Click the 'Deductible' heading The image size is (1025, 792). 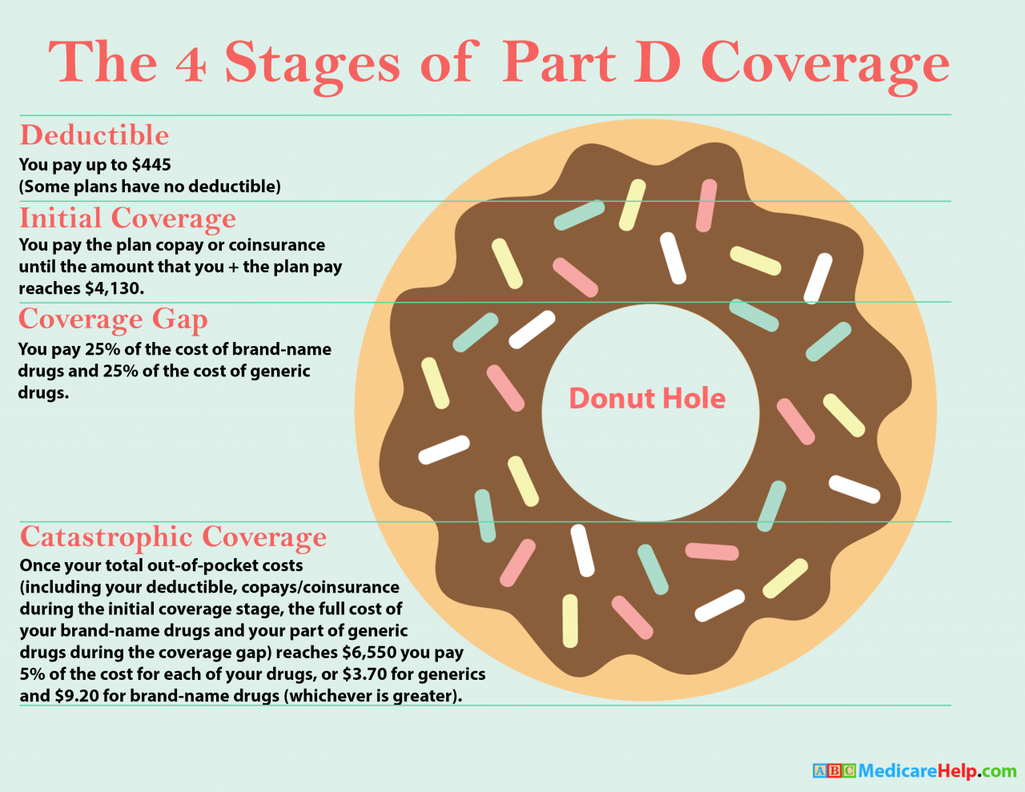pos(94,135)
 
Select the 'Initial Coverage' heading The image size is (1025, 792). pos(127,218)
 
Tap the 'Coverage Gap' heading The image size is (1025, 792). pos(113,319)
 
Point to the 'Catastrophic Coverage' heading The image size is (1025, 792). pos(173,537)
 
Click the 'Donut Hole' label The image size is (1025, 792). pos(647,398)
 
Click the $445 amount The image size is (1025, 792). pos(151,165)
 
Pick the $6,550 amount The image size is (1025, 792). pos(366,653)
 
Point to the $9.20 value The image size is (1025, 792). pos(77,696)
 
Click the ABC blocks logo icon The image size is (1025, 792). pos(834,771)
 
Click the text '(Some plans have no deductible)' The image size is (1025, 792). pos(150,187)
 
